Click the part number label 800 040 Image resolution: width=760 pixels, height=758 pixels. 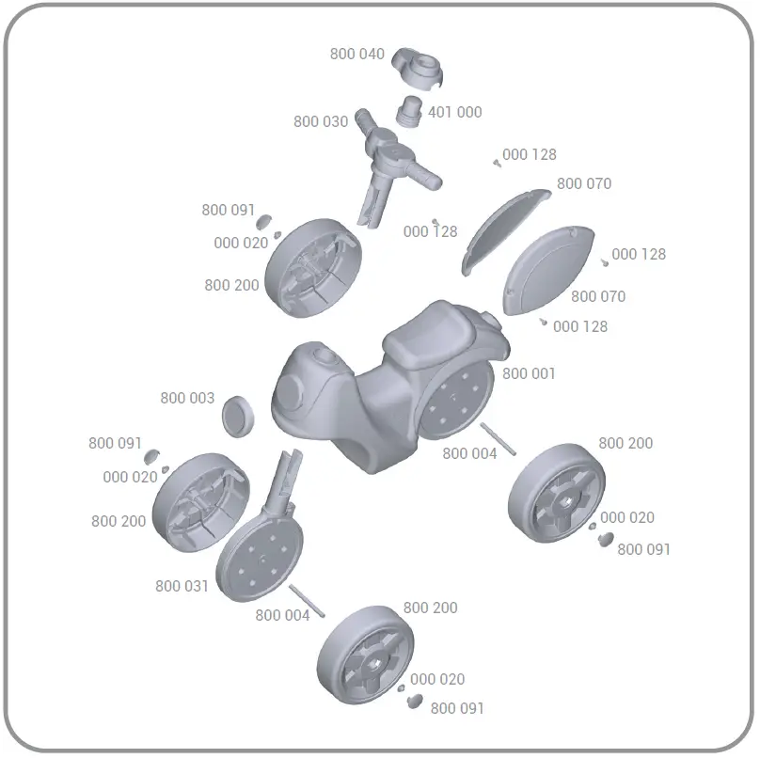click(x=356, y=55)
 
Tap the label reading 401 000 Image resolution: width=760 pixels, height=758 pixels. click(x=454, y=112)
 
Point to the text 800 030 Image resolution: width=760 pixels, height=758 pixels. click(x=320, y=121)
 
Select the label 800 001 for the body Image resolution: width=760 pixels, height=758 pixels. click(x=529, y=373)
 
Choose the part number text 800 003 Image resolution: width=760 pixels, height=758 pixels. click(x=187, y=399)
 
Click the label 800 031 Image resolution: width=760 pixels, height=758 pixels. click(x=182, y=586)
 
